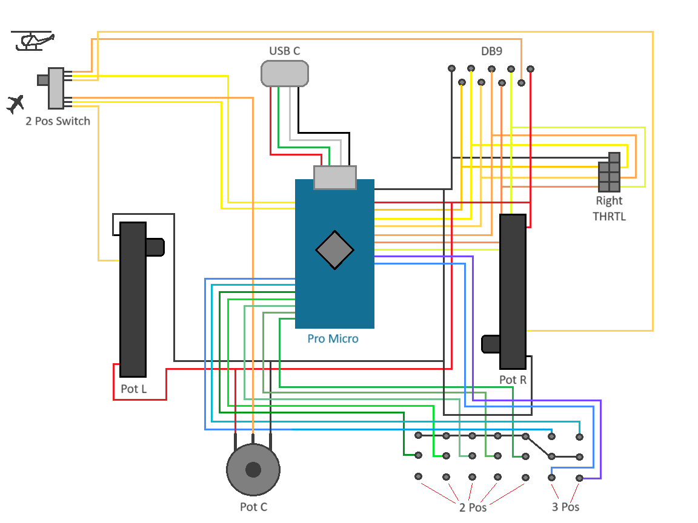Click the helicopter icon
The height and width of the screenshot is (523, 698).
click(x=33, y=41)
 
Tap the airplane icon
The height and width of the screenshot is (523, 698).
click(x=15, y=104)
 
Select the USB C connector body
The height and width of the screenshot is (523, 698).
click(x=285, y=73)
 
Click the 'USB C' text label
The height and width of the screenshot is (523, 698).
click(x=284, y=51)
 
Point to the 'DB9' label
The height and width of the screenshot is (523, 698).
click(x=491, y=51)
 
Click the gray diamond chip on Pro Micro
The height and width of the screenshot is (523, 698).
click(x=334, y=249)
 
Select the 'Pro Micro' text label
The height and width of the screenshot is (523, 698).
click(x=333, y=339)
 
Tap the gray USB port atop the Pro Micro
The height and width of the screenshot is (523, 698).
click(x=334, y=177)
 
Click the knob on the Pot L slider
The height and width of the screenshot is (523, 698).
click(x=155, y=247)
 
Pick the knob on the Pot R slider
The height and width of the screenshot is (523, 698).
click(x=490, y=344)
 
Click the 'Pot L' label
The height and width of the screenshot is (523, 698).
click(x=133, y=389)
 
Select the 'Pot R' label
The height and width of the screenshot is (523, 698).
click(x=513, y=380)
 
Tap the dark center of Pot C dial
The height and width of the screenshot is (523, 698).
click(x=253, y=469)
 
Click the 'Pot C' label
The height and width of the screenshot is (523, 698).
click(x=253, y=507)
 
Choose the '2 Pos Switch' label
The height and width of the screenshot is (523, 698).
click(x=58, y=121)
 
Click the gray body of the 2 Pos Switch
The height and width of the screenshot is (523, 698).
click(x=56, y=88)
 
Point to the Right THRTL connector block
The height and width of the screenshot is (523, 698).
click(x=610, y=173)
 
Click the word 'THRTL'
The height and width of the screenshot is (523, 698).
click(x=609, y=216)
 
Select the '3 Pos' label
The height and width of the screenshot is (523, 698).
click(x=565, y=507)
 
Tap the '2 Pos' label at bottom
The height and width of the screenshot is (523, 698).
click(x=473, y=507)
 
